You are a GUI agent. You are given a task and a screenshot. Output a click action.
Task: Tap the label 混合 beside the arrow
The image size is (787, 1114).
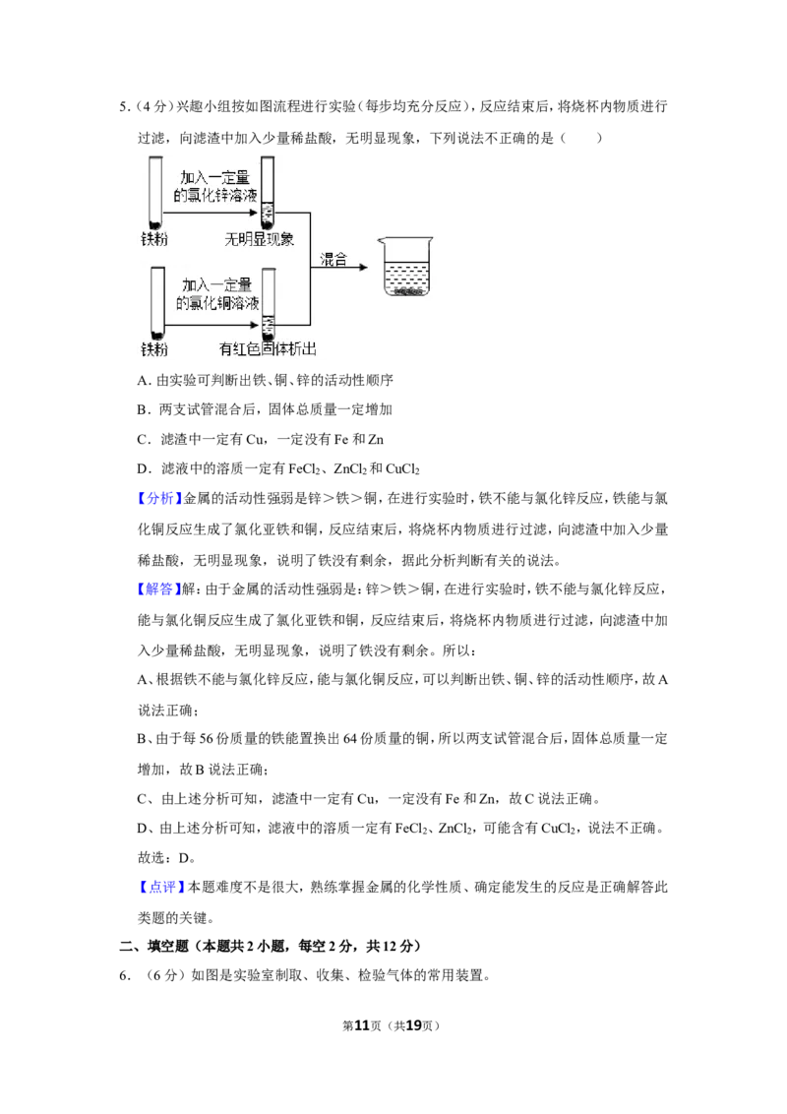click(x=333, y=260)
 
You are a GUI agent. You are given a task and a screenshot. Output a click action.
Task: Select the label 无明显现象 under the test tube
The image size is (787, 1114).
click(x=260, y=239)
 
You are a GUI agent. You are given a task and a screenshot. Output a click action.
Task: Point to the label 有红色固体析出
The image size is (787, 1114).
click(x=268, y=348)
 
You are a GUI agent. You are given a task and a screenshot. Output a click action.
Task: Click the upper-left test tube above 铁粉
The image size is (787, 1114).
click(x=155, y=193)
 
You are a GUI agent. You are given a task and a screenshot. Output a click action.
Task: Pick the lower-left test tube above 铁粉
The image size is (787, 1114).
click(x=157, y=303)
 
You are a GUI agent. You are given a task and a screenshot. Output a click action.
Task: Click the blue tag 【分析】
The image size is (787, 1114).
click(x=159, y=499)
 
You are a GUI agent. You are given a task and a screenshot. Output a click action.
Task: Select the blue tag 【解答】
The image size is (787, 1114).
click(x=159, y=588)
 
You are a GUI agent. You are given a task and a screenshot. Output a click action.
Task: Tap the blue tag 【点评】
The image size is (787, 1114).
click(x=161, y=888)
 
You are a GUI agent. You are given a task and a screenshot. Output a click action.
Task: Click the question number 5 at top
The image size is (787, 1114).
click(x=124, y=107)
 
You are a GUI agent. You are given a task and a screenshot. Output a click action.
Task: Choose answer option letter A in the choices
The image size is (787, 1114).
click(x=142, y=381)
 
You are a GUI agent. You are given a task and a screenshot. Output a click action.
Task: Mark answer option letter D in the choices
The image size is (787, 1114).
click(x=142, y=468)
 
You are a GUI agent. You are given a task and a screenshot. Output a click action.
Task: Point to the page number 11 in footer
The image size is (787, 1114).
click(x=362, y=1025)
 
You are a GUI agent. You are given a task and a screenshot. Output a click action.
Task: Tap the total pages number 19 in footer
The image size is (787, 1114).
click(x=413, y=1025)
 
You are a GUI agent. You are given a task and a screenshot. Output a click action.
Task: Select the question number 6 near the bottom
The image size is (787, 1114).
click(x=124, y=976)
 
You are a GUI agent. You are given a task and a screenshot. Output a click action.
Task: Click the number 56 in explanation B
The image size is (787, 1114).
click(x=206, y=740)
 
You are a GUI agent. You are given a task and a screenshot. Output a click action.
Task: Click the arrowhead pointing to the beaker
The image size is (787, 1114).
click(x=364, y=267)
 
